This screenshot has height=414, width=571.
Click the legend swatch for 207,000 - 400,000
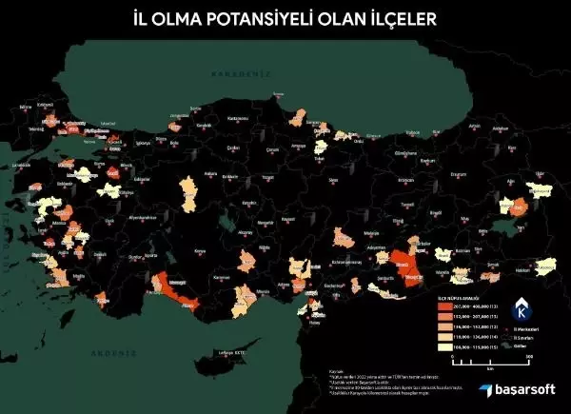444,306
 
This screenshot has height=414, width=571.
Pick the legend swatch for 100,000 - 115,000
444,348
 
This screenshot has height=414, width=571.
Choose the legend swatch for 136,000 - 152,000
444,327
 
